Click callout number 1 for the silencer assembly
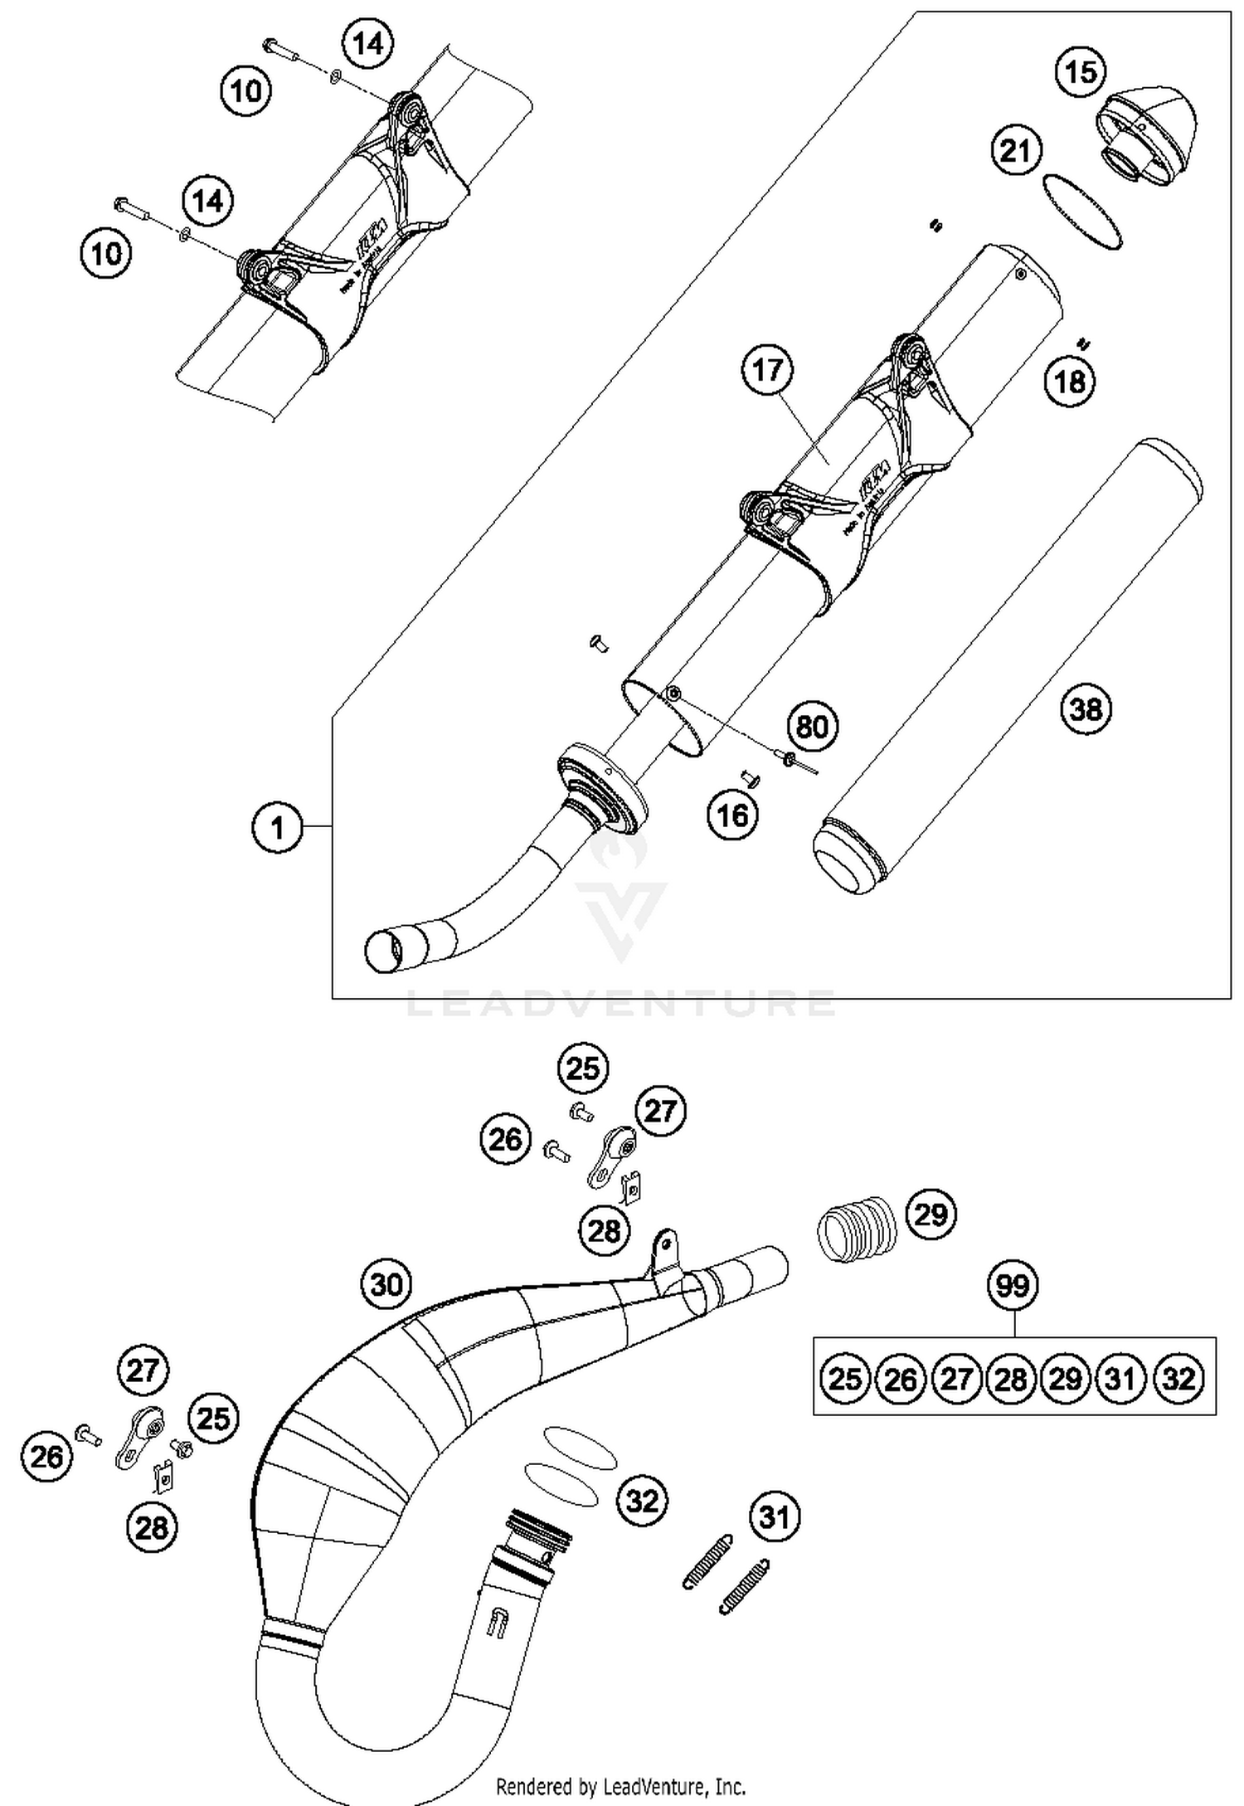[x=277, y=827]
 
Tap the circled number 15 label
[x=1081, y=72]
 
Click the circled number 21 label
[x=1016, y=151]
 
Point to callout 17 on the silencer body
[x=767, y=369]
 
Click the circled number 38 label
[x=1086, y=709]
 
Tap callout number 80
[x=812, y=727]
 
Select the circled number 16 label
[x=733, y=815]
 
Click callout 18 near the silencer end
[x=1070, y=382]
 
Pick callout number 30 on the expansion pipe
[x=386, y=1284]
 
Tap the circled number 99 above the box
[x=1013, y=1286]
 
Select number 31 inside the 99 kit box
[x=1120, y=1379]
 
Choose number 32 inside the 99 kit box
[x=1178, y=1379]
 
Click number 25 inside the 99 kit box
[x=845, y=1379]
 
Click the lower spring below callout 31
[x=744, y=1588]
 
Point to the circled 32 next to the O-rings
[x=642, y=1500]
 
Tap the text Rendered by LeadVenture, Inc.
[x=620, y=1785]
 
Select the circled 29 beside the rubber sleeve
[x=930, y=1215]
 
